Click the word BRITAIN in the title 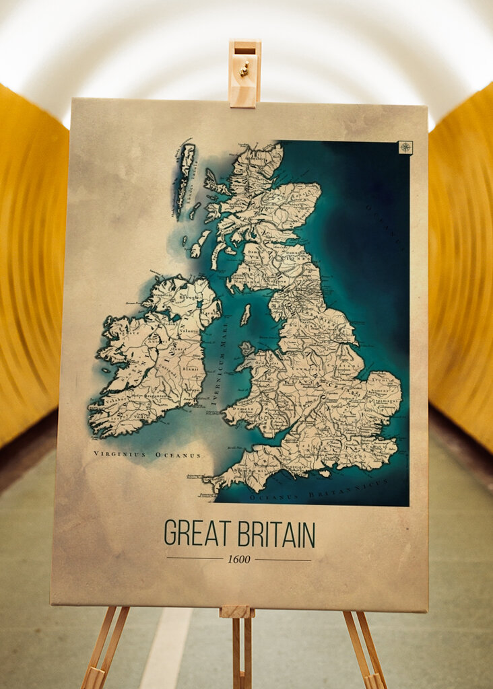point(277,534)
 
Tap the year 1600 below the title point(238,559)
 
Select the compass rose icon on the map point(405,147)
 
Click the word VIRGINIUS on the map point(120,455)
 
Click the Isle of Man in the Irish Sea point(245,314)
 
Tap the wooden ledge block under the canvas point(236,612)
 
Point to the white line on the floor point(165,653)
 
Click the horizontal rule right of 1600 point(283,559)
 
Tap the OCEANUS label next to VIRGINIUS point(178,456)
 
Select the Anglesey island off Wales point(246,349)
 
